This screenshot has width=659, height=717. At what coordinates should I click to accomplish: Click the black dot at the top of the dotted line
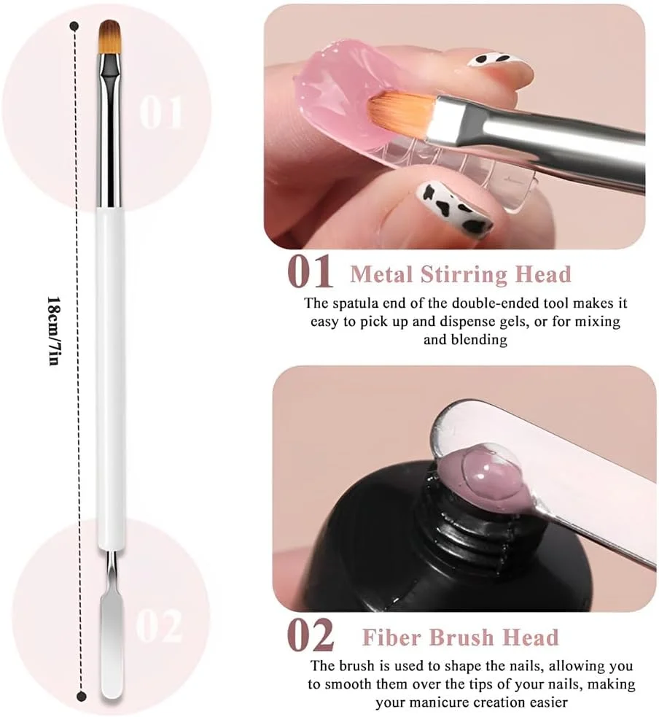tap(74, 26)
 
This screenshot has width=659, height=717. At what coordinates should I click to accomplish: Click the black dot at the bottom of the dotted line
tap(82, 697)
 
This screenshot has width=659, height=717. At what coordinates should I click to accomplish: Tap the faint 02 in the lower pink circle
tap(159, 626)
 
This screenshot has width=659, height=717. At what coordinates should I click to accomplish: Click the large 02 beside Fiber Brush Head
tap(311, 635)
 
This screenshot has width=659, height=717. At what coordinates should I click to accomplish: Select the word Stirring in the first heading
tap(464, 275)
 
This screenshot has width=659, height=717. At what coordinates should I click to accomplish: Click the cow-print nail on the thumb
tap(455, 206)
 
